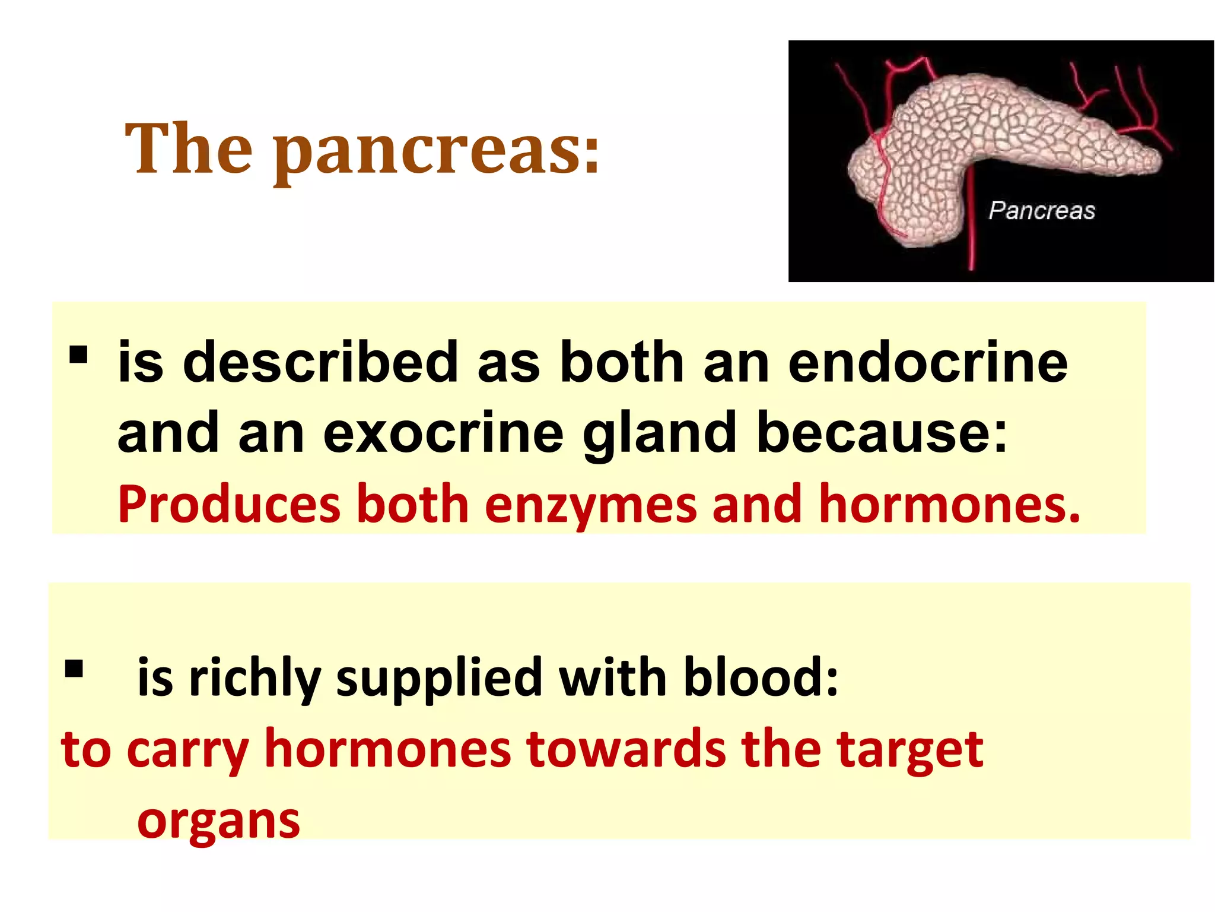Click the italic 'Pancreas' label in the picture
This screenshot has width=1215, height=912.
coord(1041,211)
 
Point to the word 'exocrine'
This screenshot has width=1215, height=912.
coord(443,433)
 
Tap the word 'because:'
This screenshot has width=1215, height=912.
coord(882,432)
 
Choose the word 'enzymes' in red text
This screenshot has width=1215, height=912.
coord(590,505)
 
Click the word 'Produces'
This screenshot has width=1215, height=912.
coord(229,505)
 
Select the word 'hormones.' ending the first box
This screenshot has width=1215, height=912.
coord(949,505)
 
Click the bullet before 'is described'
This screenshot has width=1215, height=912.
coord(78,355)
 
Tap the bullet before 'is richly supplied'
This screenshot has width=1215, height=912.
coord(74,669)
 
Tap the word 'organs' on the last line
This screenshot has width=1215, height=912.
coord(218,823)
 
